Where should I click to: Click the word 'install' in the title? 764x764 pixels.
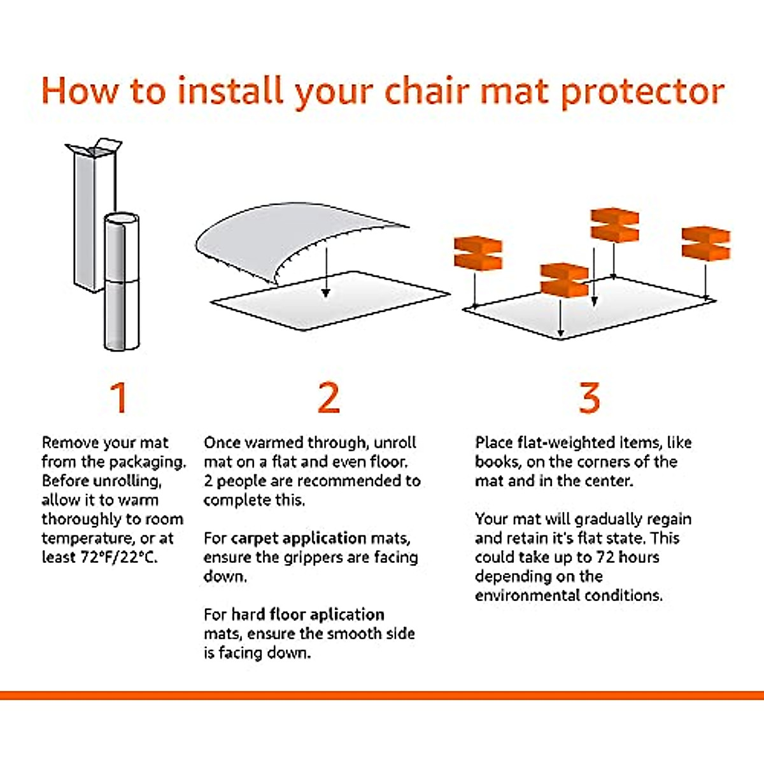pyautogui.click(x=230, y=91)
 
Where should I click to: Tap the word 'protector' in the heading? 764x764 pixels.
pyautogui.click(x=643, y=94)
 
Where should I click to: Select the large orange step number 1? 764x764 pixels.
pyautogui.click(x=119, y=397)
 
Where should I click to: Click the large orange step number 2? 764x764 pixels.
pyautogui.click(x=329, y=397)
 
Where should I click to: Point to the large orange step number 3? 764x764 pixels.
pyautogui.click(x=589, y=397)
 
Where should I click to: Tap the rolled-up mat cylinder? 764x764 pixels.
pyautogui.click(x=122, y=282)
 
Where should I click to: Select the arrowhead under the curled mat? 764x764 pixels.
pyautogui.click(x=325, y=293)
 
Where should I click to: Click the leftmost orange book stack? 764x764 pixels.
pyautogui.click(x=478, y=253)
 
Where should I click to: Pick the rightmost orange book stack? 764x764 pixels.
pyautogui.click(x=705, y=244)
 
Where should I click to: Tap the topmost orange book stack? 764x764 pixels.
pyautogui.click(x=614, y=225)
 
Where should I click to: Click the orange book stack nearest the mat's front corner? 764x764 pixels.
pyautogui.click(x=564, y=280)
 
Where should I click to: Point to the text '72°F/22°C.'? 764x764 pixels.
pyautogui.click(x=119, y=558)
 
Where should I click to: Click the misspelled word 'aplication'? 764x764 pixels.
pyautogui.click(x=347, y=615)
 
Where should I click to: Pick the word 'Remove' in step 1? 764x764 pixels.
pyautogui.click(x=66, y=442)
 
